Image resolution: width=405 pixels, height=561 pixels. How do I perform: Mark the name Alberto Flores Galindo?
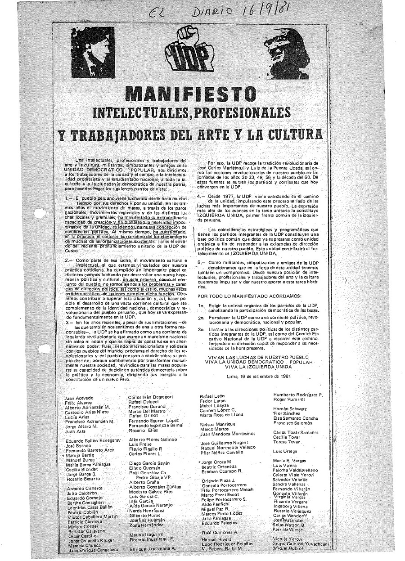pos(153,439)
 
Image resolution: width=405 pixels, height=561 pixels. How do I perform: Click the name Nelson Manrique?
pos(218,424)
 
